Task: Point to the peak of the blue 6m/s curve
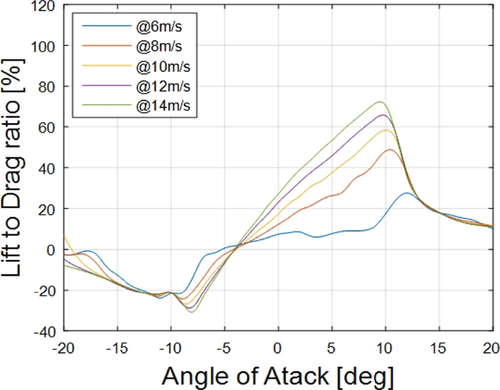pos(407,193)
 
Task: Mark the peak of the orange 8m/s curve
pos(389,150)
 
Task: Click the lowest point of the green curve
pos(191,311)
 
